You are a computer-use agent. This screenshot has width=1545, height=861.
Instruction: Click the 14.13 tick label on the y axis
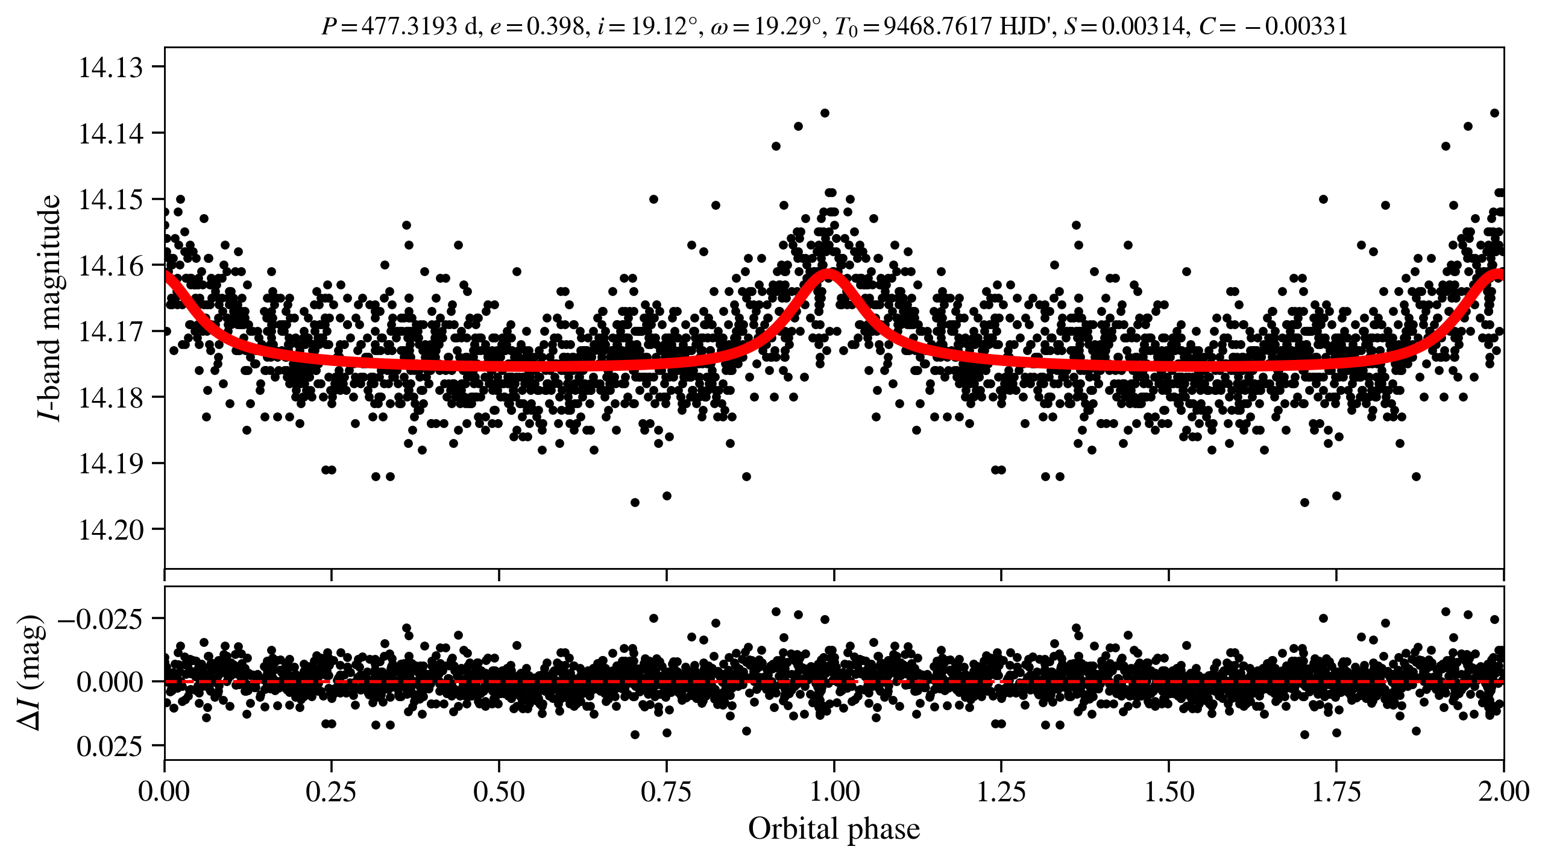(x=111, y=67)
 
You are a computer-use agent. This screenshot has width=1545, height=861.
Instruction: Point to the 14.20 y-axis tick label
(x=111, y=530)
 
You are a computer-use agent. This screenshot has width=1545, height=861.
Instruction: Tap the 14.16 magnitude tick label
(x=111, y=265)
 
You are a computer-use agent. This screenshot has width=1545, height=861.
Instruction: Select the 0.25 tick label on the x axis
(x=331, y=792)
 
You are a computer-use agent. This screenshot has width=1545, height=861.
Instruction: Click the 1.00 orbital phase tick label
(x=834, y=792)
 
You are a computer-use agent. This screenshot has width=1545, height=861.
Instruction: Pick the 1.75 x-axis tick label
(x=1336, y=792)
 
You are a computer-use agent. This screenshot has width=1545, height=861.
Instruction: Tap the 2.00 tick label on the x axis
(x=1503, y=792)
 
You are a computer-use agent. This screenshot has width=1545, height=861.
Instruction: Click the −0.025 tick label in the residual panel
(x=100, y=619)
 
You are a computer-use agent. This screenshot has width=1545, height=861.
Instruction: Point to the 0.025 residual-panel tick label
(x=110, y=747)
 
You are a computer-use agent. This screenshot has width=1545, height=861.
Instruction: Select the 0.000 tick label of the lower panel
(x=110, y=683)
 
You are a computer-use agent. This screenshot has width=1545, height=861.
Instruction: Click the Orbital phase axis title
(x=834, y=829)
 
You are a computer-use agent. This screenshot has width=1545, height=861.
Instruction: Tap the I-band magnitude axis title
(x=49, y=307)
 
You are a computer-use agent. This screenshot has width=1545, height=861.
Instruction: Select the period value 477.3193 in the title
(x=409, y=27)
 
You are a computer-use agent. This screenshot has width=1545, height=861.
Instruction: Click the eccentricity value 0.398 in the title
(x=555, y=27)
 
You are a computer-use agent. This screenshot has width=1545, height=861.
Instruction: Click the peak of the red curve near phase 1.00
(x=830, y=274)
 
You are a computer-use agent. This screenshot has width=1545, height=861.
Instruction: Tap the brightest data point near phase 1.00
(x=825, y=113)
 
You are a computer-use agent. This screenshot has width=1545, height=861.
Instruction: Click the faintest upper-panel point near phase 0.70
(x=635, y=502)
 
